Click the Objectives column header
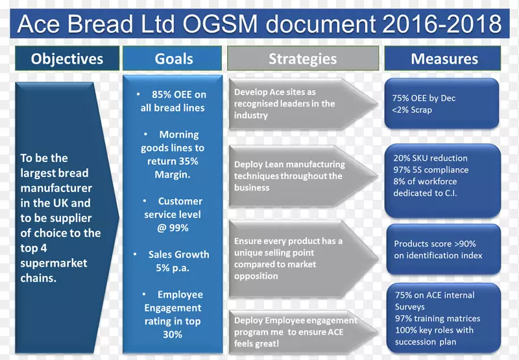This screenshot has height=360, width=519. pyautogui.click(x=67, y=59)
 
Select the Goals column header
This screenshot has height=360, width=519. pyautogui.click(x=173, y=59)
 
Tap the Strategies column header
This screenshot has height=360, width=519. pyautogui.click(x=302, y=59)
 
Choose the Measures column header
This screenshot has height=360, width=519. pyautogui.click(x=444, y=59)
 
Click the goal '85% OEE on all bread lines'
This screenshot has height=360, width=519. pyautogui.click(x=173, y=101)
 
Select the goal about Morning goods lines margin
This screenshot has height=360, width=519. pyautogui.click(x=173, y=154)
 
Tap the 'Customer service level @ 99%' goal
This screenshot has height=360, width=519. pyautogui.click(x=173, y=214)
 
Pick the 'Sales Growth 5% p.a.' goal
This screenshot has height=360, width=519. pyautogui.click(x=173, y=261)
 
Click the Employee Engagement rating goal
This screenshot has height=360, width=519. pyautogui.click(x=173, y=315)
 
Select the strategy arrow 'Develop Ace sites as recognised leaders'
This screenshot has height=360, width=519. pyautogui.click(x=292, y=104)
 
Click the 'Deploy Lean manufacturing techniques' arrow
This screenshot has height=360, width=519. pyautogui.click(x=292, y=176)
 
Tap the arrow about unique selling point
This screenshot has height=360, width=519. pyautogui.click(x=292, y=258)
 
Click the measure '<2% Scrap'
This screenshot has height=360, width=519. pyautogui.click(x=412, y=110)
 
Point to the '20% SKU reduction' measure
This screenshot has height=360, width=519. pyautogui.click(x=430, y=158)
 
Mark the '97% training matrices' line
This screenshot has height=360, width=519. pyautogui.click(x=437, y=318)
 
